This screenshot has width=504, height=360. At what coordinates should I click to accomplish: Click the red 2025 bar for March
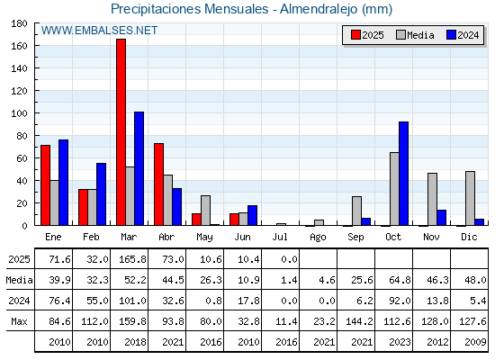(x=121, y=132)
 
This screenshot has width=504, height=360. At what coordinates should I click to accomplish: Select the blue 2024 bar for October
(x=404, y=174)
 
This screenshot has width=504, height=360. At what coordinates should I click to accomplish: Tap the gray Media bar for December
(x=470, y=198)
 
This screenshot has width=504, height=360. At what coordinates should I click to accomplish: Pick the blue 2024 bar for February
(x=101, y=194)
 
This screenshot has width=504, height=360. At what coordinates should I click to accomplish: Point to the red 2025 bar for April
(x=158, y=184)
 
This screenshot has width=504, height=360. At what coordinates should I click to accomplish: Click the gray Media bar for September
(x=356, y=211)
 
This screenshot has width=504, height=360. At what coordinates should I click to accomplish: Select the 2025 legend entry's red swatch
(x=355, y=35)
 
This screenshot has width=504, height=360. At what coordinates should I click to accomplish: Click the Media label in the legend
(x=420, y=35)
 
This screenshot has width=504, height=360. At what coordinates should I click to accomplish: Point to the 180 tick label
(x=19, y=23)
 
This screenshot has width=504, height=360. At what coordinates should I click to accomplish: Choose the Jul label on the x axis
(x=280, y=237)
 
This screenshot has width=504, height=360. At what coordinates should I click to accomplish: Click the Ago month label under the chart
(x=318, y=238)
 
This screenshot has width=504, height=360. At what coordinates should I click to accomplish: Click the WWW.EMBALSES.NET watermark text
(x=99, y=31)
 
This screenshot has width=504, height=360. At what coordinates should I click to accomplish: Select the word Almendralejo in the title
(x=319, y=9)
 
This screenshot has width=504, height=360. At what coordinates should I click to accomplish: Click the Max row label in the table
(x=19, y=321)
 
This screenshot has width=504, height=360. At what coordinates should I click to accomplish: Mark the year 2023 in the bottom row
(x=400, y=342)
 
